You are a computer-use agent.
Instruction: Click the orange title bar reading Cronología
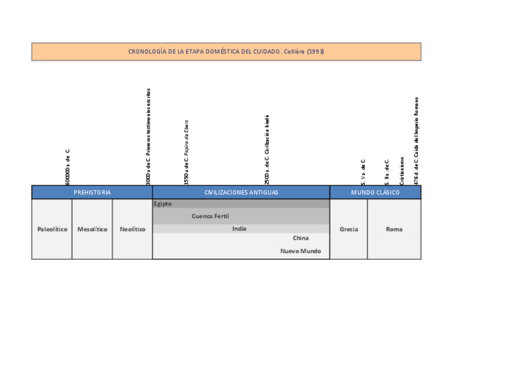pyautogui.click(x=226, y=51)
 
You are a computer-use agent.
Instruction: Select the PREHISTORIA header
pyautogui.click(x=92, y=193)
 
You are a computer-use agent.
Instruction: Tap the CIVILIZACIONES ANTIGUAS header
pyautogui.click(x=241, y=193)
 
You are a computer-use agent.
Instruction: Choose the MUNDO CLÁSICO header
pyautogui.click(x=375, y=193)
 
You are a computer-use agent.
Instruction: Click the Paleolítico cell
pyautogui.click(x=52, y=229)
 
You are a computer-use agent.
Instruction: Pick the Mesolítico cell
pyautogui.click(x=92, y=229)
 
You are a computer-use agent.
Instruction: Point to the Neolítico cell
pyautogui.click(x=132, y=229)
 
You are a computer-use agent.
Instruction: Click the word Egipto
pyautogui.click(x=163, y=204)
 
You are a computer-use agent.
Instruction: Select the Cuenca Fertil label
pyautogui.click(x=210, y=216)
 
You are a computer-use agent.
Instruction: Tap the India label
pyautogui.click(x=239, y=229)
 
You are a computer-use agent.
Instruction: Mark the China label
pyautogui.click(x=300, y=238)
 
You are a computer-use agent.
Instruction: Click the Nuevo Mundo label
pyautogui.click(x=300, y=251)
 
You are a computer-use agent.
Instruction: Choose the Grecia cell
pyautogui.click(x=349, y=229)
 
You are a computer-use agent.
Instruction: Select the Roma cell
pyautogui.click(x=394, y=229)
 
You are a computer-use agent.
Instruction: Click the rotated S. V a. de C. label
pyautogui.click(x=363, y=172)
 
